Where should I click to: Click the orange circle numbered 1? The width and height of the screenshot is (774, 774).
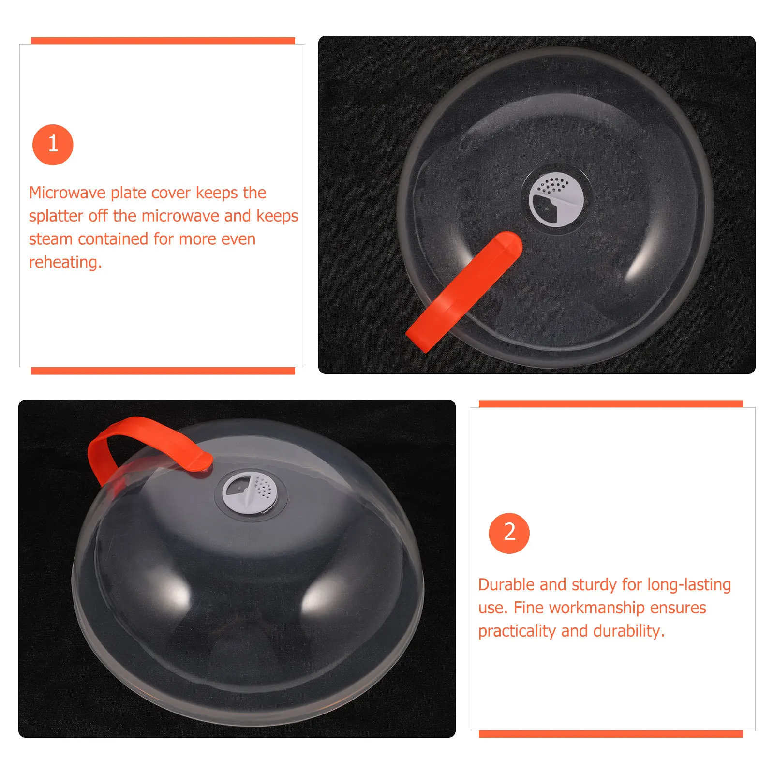pos(53,145)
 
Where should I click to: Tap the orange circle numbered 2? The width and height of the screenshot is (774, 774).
pos(509,533)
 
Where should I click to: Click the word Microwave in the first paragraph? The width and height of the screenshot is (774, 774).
pos(67,193)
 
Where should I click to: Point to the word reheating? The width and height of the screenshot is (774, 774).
pos(65,262)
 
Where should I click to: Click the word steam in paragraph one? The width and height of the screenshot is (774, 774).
pos(51,239)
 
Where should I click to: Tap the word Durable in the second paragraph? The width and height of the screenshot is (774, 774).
pos(506,584)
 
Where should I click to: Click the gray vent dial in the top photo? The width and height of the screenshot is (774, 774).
pos(556,200)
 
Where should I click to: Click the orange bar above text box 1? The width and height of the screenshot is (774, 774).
pos(163,41)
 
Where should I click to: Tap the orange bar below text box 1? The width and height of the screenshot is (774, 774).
pos(163,371)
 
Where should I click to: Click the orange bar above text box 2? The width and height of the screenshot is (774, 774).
pos(610,403)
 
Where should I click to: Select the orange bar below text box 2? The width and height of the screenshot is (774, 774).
pos(610,734)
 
